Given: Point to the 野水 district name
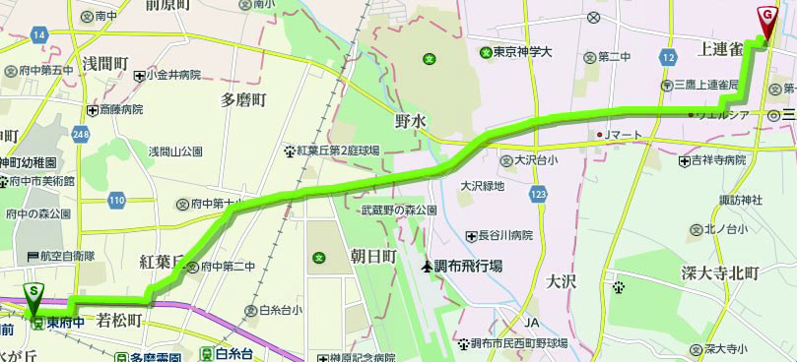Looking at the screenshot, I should (410, 119).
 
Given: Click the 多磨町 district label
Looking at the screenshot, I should (243, 99).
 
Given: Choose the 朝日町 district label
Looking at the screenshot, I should (373, 256).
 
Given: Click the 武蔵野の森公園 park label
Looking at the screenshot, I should (399, 211).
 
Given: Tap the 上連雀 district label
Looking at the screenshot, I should (723, 48).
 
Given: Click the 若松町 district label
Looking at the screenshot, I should (121, 320).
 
